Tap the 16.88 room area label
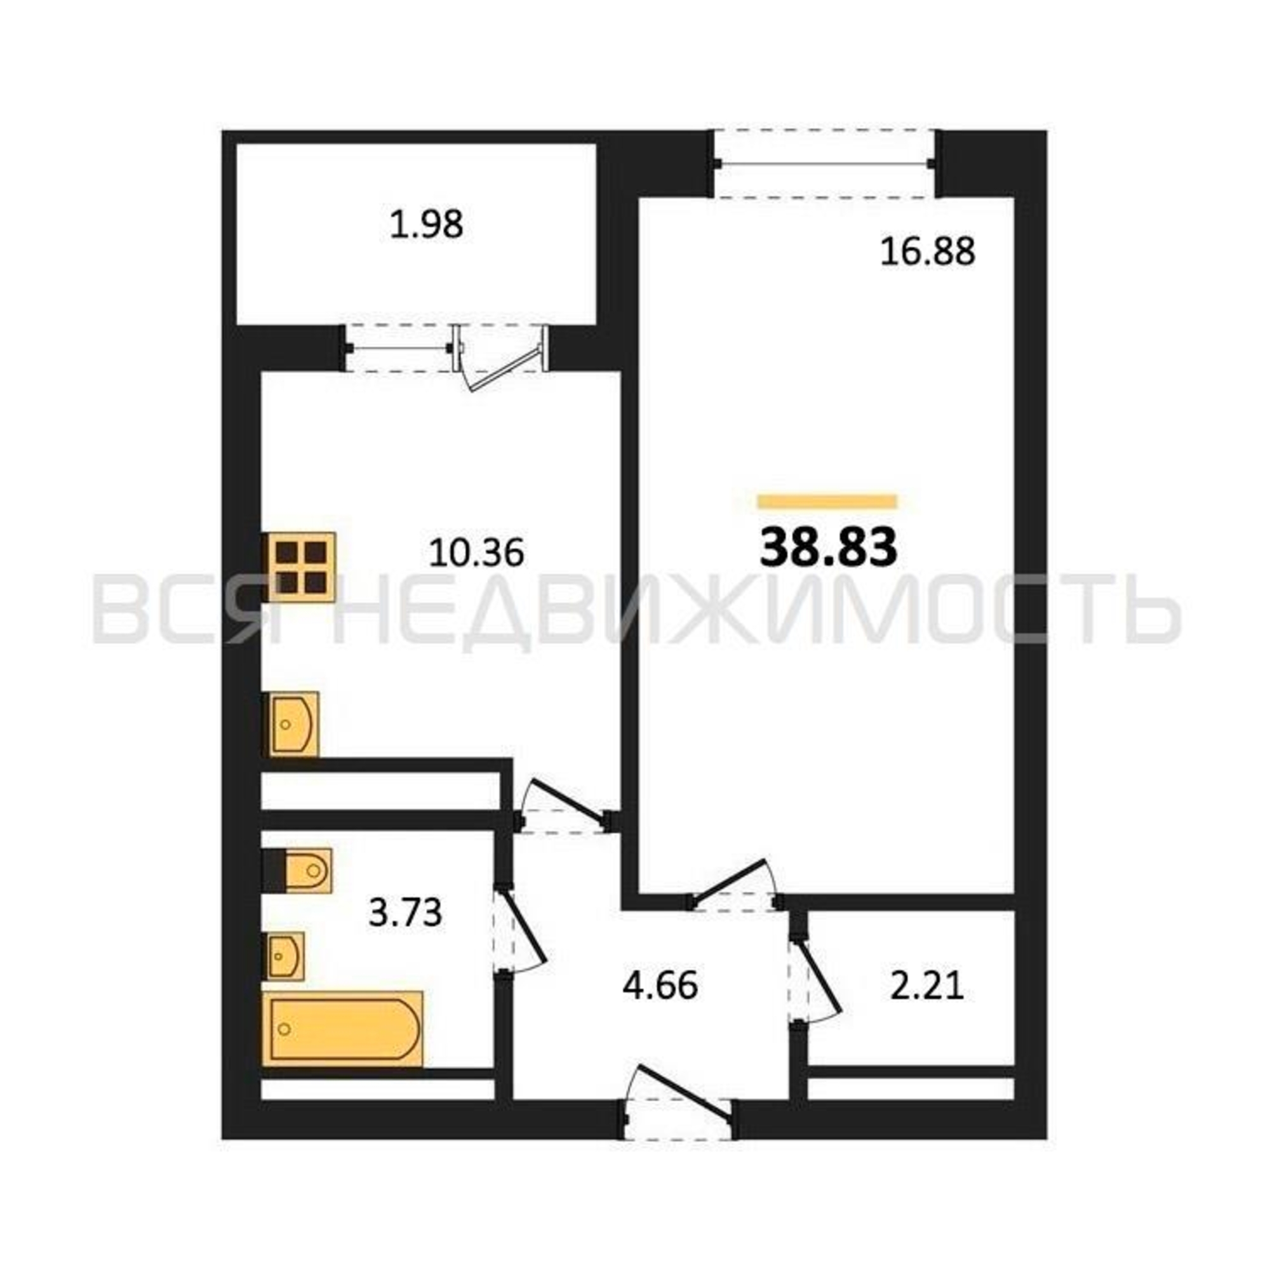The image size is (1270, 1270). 928,251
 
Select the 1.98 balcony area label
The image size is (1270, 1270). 427,224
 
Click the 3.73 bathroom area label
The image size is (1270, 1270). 405,913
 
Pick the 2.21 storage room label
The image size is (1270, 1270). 927,987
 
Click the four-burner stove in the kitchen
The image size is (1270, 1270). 300,567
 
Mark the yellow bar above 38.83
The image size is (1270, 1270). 827,502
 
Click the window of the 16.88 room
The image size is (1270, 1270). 824,164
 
